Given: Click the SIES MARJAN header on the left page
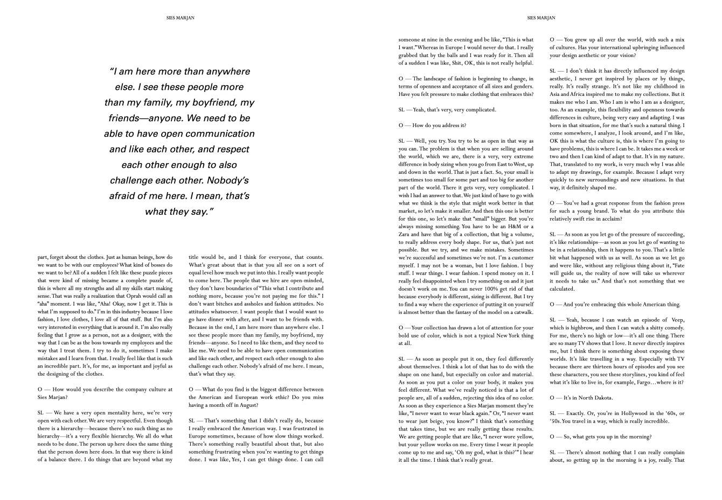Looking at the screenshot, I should coord(180,18).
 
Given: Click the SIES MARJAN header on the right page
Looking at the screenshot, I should coord(541,18).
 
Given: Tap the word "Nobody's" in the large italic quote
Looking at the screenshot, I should coord(227,180).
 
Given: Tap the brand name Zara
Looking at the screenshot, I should coord(405,234).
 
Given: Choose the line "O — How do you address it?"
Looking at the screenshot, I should coord(432,125).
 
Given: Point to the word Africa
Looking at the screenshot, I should coord(578,94).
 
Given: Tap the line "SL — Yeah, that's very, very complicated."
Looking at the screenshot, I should coord(447,110).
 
